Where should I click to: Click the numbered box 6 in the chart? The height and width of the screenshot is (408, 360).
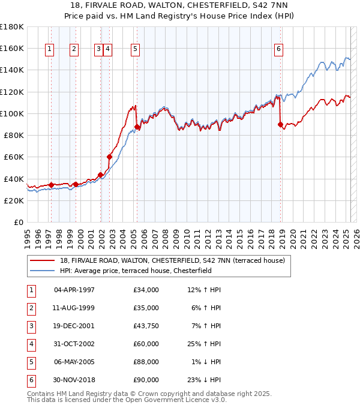coord(279,50)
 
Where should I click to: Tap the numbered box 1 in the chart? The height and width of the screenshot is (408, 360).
coord(49,50)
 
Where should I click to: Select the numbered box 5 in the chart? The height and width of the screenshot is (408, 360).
coord(135,50)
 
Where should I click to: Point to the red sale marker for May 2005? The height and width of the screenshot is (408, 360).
coord(137,127)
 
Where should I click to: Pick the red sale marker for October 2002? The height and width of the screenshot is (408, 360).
coord(110,157)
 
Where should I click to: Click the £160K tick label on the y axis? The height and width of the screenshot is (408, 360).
coord(12,48)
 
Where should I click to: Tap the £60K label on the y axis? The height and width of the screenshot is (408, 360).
coord(14,157)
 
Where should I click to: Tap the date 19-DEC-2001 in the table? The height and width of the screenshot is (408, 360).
coord(74,326)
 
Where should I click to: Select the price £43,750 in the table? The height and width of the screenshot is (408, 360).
coord(146,326)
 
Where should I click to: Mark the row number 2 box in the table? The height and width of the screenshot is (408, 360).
coord(31,308)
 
